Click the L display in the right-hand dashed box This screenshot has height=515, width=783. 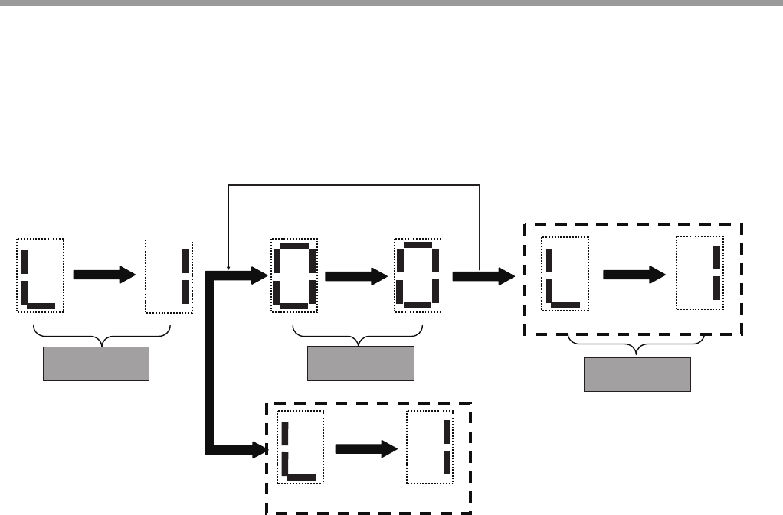point(565,274)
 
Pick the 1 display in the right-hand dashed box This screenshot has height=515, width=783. point(699,274)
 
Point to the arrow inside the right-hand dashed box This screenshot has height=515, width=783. point(634,275)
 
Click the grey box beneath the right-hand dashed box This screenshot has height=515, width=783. point(637,374)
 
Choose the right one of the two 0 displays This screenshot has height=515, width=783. point(418,275)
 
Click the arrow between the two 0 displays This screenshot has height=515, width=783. point(355,277)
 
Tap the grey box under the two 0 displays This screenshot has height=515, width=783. point(360,363)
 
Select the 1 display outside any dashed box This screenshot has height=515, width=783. point(169,275)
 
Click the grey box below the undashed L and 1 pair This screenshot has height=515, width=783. point(96,363)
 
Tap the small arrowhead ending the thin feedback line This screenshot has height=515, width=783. point(228,266)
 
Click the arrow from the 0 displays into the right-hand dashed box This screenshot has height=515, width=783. point(483,277)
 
